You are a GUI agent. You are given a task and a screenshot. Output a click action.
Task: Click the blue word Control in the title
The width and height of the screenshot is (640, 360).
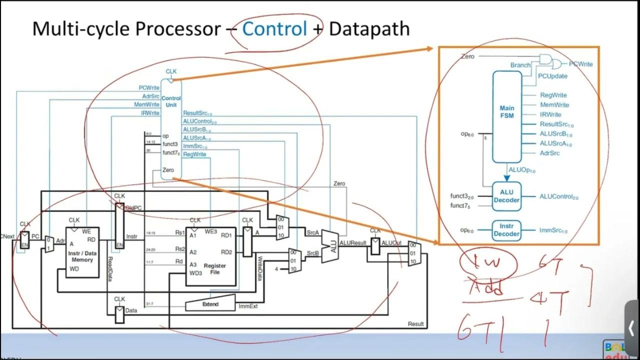274,29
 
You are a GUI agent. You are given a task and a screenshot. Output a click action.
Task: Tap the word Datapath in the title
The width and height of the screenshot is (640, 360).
369,29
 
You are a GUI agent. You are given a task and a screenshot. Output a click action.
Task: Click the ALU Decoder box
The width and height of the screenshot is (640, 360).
507,196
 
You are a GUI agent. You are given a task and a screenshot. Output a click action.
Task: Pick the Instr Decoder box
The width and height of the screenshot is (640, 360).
507,230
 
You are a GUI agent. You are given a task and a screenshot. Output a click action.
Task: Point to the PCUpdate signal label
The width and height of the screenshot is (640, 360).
552,76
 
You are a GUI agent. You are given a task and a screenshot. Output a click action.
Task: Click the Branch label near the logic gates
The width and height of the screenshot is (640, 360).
520,65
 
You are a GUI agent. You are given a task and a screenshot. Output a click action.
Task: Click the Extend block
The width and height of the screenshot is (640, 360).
210,303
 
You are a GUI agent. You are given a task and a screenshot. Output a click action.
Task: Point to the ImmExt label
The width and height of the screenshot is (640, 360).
248,306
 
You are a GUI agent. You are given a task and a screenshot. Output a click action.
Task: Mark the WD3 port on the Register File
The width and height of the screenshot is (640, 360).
195,273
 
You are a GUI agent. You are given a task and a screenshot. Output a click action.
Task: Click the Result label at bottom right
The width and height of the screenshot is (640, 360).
415,324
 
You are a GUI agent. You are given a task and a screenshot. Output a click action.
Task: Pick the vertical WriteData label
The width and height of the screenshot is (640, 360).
259,268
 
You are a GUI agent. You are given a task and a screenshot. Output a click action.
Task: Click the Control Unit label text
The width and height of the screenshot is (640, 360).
171,101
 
